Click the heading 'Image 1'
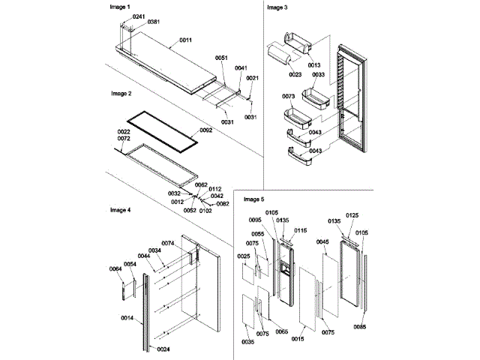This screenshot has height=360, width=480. [121, 6]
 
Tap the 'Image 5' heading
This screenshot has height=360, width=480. [254, 199]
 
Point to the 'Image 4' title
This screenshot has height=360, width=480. [121, 211]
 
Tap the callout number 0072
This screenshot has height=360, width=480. [124, 139]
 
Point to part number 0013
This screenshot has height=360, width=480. [313, 65]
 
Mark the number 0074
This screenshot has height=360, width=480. [168, 243]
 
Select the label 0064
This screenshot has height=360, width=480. [115, 269]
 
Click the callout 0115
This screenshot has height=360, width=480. [301, 230]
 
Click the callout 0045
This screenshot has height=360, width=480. [322, 242]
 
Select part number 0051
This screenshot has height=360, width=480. [221, 58]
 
